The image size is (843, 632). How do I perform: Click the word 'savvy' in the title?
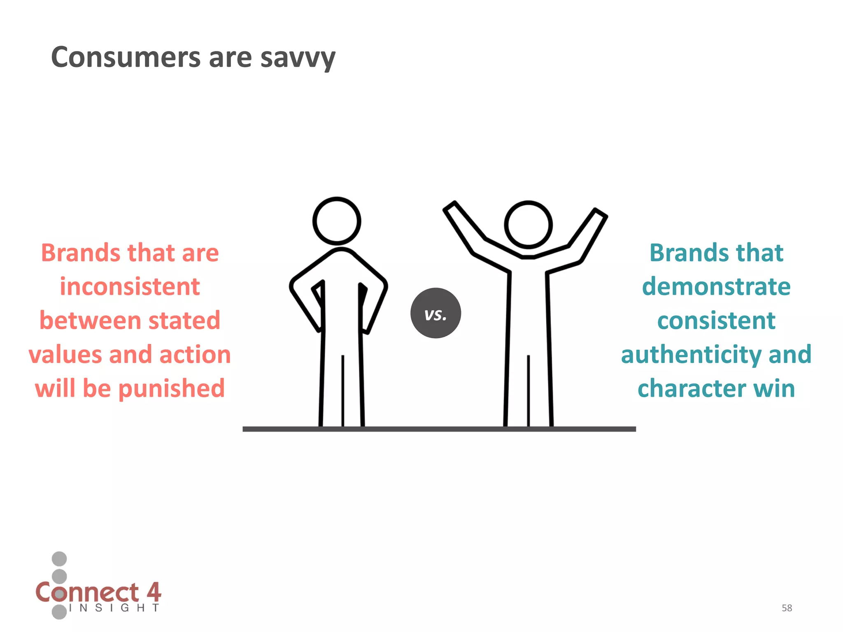298,58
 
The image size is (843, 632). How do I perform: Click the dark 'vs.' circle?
435,313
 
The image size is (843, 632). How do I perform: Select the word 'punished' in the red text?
172,388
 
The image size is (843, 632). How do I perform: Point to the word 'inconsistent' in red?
130,286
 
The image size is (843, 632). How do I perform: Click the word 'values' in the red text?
65,355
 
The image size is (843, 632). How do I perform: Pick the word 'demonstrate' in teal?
716,286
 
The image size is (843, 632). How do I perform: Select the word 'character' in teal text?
692,388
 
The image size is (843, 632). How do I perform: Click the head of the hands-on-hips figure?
337,221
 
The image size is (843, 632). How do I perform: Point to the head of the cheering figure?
528,225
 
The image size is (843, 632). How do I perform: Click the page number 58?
787,608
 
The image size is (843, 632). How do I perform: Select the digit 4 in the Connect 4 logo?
154,592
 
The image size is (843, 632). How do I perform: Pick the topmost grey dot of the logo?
59,559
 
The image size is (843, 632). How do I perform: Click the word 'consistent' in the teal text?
716,321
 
